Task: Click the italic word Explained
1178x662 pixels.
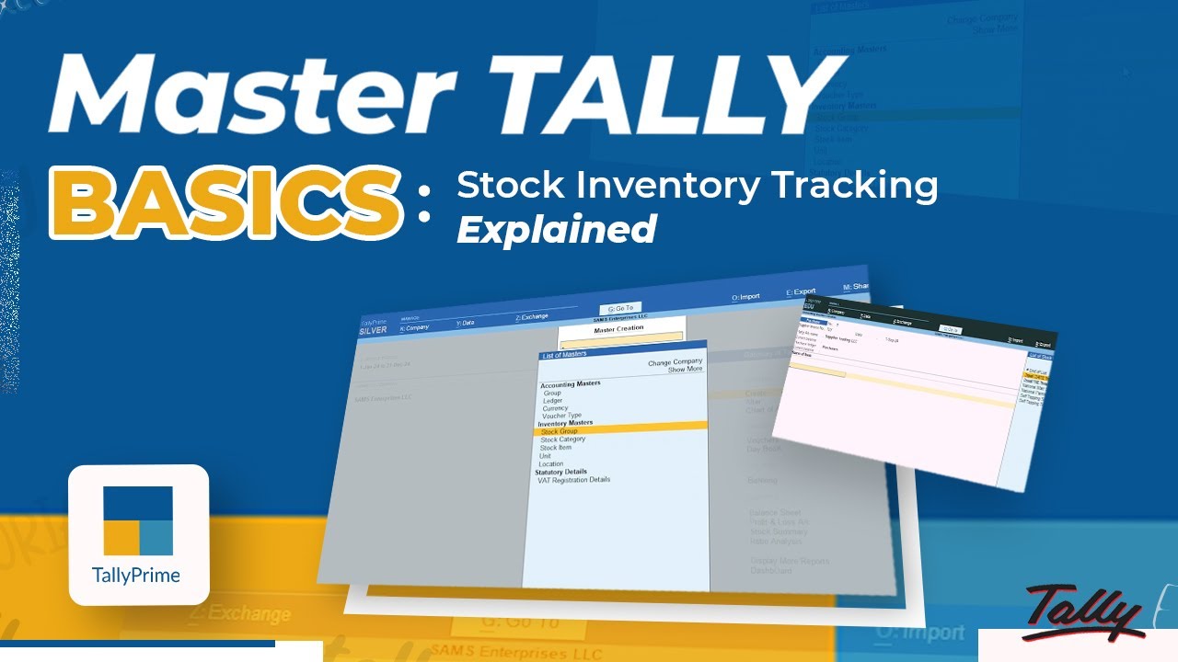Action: click(x=557, y=229)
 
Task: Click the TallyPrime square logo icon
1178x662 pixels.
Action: click(x=138, y=520)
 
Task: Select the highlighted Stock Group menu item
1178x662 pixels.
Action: click(x=560, y=431)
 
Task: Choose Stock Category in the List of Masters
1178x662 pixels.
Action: click(x=562, y=439)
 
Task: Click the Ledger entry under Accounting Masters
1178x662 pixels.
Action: click(x=552, y=401)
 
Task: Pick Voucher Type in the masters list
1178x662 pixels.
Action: click(x=561, y=416)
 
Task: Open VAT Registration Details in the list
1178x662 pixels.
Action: click(x=573, y=479)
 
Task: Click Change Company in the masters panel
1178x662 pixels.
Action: click(x=675, y=362)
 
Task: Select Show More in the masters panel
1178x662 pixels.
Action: click(x=685, y=370)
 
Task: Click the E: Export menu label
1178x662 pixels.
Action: click(x=801, y=291)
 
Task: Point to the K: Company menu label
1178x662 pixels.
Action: click(x=414, y=327)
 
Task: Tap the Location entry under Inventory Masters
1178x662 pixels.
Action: click(x=550, y=464)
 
